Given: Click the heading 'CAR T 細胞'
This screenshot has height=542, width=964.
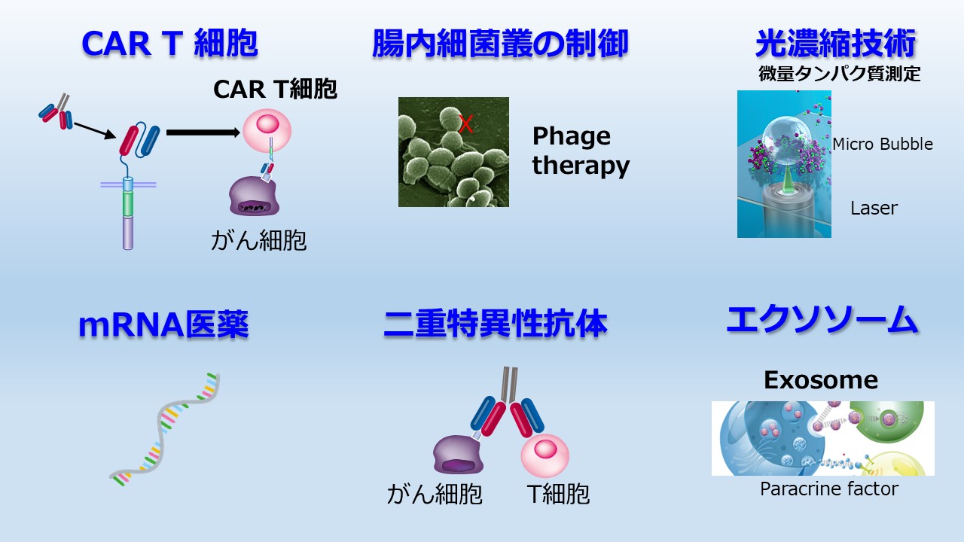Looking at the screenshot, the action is point(169,44).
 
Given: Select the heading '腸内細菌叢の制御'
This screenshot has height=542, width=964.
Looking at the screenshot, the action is point(500,44).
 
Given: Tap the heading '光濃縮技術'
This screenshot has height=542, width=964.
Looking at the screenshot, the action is point(835,44).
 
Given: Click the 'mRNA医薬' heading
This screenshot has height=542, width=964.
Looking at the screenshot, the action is point(163,324).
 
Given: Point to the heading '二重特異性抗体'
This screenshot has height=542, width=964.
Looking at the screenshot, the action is point(496,323).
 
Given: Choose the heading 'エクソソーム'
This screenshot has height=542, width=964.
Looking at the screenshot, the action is point(822,320).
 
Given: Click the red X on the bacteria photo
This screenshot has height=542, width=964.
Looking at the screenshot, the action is point(466,124).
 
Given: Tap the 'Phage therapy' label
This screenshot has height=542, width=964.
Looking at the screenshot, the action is point(581,151).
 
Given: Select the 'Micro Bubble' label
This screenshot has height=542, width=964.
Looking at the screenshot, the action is point(883,144).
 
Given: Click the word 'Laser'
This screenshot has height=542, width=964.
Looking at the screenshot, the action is point(874,209).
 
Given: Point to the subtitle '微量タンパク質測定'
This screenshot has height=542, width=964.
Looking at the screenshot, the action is point(839,74).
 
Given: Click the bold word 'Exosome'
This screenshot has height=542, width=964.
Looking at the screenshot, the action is point(821,380).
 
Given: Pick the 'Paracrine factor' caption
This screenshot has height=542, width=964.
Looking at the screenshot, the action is point(829,489).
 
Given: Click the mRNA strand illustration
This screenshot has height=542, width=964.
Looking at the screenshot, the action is point(166,429).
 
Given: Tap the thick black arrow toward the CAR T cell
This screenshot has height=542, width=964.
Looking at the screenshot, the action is point(203,132).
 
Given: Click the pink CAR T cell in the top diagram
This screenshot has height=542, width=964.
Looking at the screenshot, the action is point(267,130).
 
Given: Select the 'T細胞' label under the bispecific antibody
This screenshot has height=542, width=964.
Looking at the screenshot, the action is point(558,494).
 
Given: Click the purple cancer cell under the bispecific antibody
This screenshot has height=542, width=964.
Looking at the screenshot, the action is point(459,455).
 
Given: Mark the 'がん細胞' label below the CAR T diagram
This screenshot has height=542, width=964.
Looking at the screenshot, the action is point(258,240).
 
